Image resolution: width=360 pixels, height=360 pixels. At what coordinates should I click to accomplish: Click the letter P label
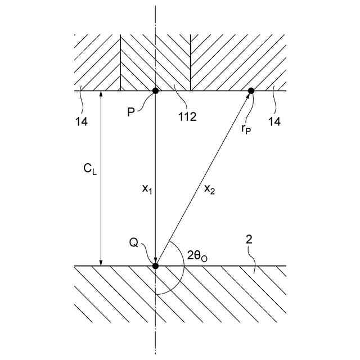pyautogui.click(x=130, y=112)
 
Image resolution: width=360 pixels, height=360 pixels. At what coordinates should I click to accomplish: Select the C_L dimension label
pyautogui.click(x=90, y=169)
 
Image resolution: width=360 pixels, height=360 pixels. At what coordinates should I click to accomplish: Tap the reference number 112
pyautogui.click(x=186, y=118)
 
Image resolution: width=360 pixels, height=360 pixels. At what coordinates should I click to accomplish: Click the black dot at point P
pyautogui.click(x=155, y=91)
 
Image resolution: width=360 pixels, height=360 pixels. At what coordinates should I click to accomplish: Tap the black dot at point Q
pyautogui.click(x=155, y=265)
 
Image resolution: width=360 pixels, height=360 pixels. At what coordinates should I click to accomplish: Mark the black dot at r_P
pyautogui.click(x=251, y=91)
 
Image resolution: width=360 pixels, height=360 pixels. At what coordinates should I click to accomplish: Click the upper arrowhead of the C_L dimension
pyautogui.click(x=101, y=94)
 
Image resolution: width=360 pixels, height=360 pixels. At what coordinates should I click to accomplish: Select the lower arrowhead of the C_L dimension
pyautogui.click(x=101, y=262)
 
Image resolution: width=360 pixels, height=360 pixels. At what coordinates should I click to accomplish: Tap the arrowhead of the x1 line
pyautogui.click(x=155, y=260)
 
